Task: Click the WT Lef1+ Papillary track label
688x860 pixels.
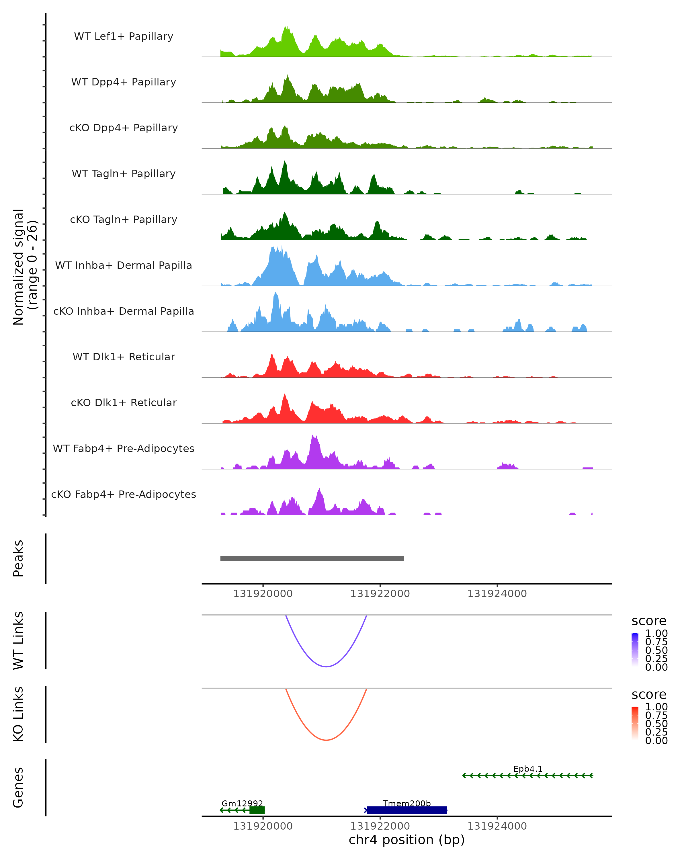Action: coord(124,36)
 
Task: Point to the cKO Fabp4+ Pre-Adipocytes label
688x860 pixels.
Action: coord(124,494)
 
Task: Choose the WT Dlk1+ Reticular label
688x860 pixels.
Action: coord(124,357)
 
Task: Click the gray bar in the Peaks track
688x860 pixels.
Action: coord(312,558)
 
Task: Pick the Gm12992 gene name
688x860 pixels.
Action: coord(242,803)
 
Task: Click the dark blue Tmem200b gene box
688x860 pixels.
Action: coord(406,810)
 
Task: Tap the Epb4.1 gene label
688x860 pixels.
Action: coord(528,769)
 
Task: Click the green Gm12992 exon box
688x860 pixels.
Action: coord(257,810)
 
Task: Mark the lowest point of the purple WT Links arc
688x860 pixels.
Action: coord(326,666)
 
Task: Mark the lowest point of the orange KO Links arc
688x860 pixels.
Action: coord(326,740)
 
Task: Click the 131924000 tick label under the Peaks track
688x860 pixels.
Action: coord(497,594)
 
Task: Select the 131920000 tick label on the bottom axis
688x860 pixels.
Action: coord(263,826)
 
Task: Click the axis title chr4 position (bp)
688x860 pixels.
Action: coord(406,840)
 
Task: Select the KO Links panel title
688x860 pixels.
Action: coord(18,714)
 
